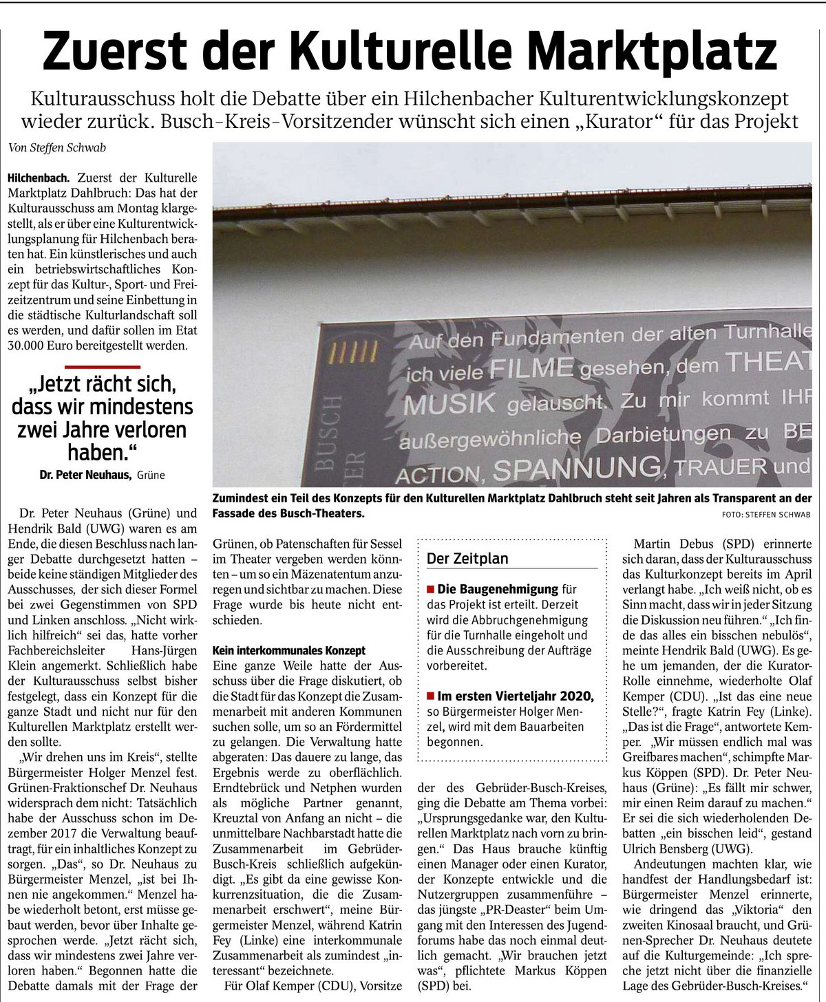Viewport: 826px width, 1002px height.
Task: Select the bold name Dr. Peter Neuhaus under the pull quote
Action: coord(82,475)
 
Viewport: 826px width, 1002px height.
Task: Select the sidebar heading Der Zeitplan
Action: coord(467,559)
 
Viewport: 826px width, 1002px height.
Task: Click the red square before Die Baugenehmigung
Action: coord(431,590)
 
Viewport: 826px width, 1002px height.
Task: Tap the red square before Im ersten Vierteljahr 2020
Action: coord(431,696)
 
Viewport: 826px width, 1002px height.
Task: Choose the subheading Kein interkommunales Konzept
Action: coord(289,650)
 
